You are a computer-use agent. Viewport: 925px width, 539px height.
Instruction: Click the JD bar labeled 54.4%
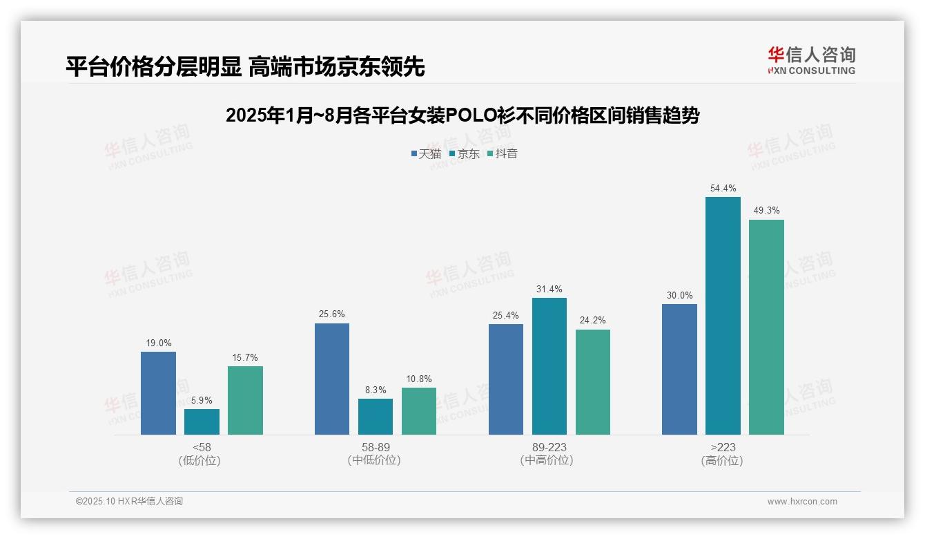[x=723, y=316]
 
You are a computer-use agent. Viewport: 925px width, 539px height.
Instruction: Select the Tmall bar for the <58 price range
[x=158, y=393]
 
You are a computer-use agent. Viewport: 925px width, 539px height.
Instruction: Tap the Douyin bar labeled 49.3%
[x=766, y=327]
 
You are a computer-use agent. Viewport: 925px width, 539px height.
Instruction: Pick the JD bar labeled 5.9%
[x=202, y=422]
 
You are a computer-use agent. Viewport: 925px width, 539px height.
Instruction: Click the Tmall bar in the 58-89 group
[x=332, y=379]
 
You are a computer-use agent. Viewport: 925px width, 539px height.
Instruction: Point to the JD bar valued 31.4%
[x=549, y=366]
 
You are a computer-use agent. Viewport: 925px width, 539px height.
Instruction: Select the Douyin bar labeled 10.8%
[x=419, y=411]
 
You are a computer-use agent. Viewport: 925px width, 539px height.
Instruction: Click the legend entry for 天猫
[x=426, y=154]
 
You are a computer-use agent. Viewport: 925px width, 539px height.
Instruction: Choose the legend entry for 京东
[x=464, y=154]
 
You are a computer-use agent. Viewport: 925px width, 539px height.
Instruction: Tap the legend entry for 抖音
[x=503, y=154]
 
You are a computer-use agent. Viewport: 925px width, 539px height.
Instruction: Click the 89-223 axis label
[x=549, y=448]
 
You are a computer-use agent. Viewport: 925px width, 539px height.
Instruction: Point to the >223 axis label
[x=723, y=448]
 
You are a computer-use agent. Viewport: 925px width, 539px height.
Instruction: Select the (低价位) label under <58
[x=200, y=461]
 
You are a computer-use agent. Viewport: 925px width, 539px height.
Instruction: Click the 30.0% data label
[x=679, y=296]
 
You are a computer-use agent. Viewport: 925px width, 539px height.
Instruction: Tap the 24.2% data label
[x=593, y=321]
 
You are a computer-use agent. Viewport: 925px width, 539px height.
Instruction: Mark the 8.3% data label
[x=376, y=390]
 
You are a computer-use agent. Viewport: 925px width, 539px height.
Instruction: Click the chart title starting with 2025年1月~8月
[x=463, y=115]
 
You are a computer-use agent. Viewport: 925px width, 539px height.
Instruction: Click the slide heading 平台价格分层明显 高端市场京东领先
[x=245, y=66]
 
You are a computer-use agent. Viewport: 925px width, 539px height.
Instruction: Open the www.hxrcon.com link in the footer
[x=802, y=502]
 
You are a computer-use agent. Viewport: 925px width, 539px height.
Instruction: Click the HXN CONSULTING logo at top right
[x=811, y=60]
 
